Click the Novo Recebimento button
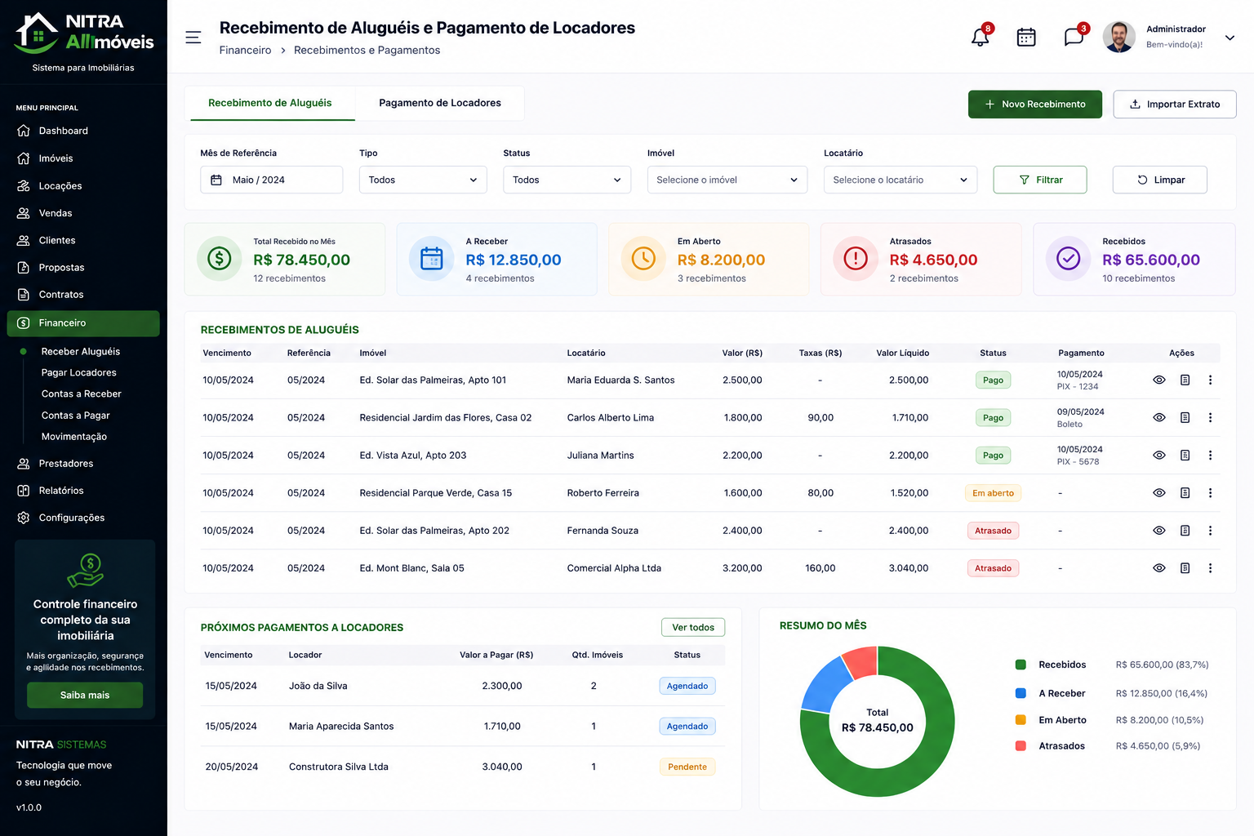(1034, 104)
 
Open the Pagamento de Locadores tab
(439, 103)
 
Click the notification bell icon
(980, 37)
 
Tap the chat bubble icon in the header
(1074, 37)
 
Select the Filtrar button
(1039, 180)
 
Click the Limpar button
(1159, 180)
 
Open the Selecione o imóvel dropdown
(727, 180)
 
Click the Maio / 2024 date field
(272, 180)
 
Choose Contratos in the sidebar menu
(61, 295)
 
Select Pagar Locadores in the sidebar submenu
(79, 373)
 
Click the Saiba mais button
(85, 695)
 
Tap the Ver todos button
(693, 627)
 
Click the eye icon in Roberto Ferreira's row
(1158, 493)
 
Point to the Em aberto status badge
(993, 493)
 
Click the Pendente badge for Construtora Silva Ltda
(687, 767)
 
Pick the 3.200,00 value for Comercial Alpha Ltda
(742, 567)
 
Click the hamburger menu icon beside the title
(193, 38)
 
